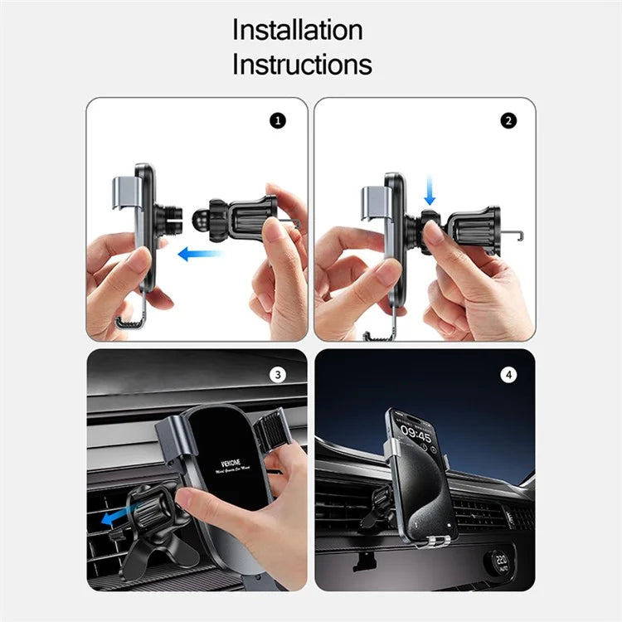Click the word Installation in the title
[297, 30]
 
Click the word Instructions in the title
[302, 64]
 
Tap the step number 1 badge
[278, 120]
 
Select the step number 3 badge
[278, 374]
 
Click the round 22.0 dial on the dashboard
[502, 561]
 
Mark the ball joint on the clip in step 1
[200, 221]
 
